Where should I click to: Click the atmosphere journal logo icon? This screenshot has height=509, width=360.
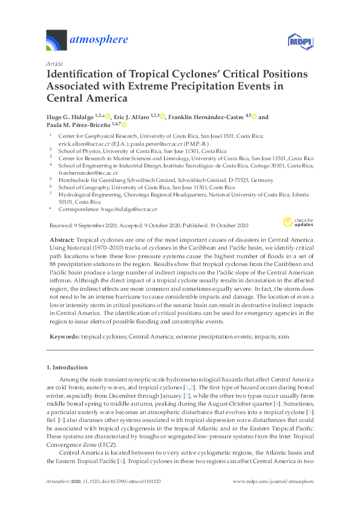57,41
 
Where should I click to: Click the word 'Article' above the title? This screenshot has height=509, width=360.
54,63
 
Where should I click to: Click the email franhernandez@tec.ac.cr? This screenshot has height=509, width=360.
85,172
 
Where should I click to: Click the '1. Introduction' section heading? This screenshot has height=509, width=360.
67,367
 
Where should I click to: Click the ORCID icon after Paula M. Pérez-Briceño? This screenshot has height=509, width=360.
125,125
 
